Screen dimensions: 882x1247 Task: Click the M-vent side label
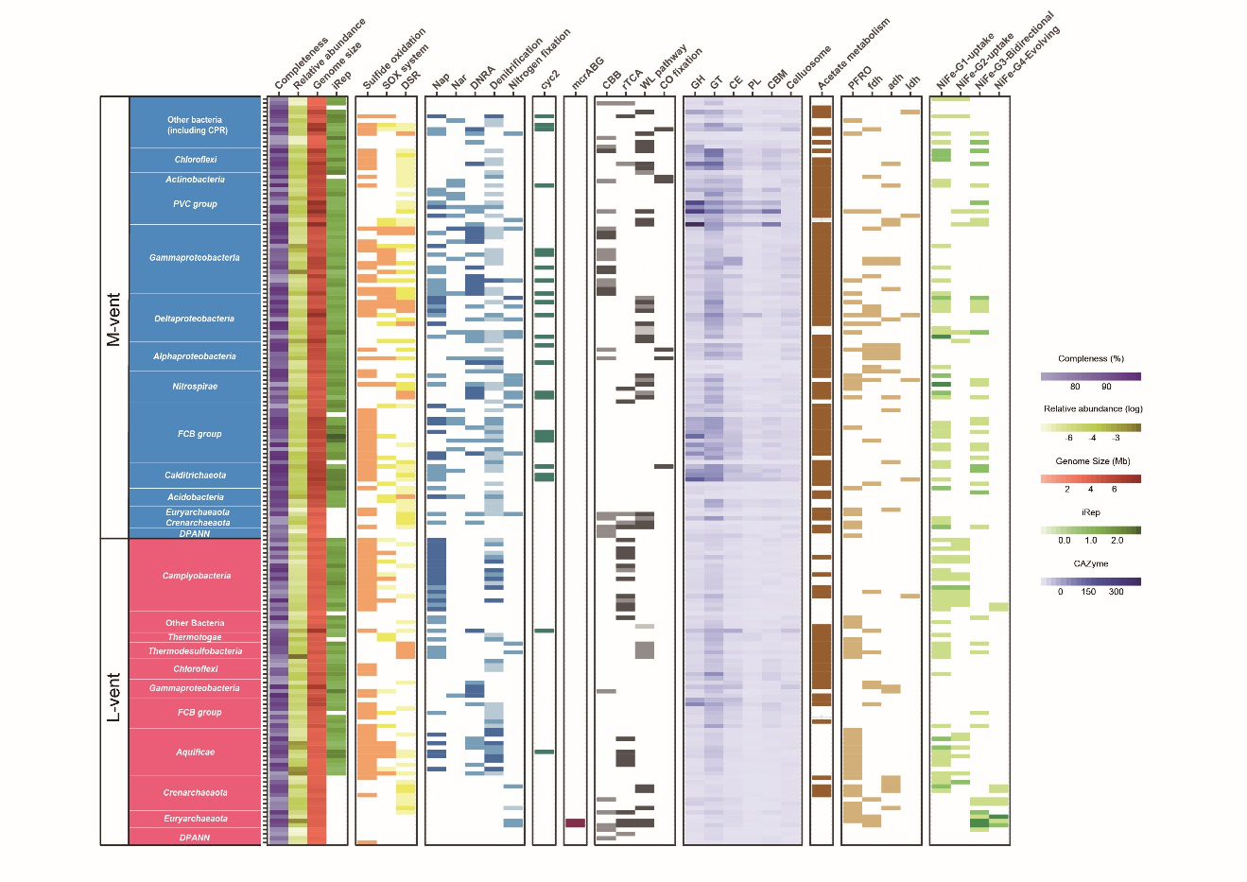(x=113, y=320)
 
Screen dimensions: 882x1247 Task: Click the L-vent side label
(x=113, y=697)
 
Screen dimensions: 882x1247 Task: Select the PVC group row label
(x=195, y=204)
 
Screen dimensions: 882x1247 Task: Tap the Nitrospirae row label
(x=195, y=387)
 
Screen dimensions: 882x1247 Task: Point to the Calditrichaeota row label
(x=195, y=476)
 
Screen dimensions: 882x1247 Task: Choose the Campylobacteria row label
(x=196, y=576)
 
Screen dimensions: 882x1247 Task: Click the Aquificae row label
(x=195, y=752)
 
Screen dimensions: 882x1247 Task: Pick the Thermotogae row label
(x=195, y=637)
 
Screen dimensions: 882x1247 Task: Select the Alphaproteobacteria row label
(x=195, y=356)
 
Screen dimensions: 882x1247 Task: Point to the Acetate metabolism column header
(x=853, y=55)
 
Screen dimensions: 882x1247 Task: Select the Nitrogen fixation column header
(x=540, y=59)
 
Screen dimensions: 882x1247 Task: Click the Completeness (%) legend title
(x=1090, y=359)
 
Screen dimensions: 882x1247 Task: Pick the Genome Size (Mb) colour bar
(x=1090, y=478)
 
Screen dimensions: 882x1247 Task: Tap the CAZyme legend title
(x=1090, y=563)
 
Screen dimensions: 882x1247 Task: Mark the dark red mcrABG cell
(x=575, y=823)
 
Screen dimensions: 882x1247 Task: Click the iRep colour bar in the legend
(x=1090, y=530)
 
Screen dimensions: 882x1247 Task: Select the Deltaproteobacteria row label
(x=195, y=319)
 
